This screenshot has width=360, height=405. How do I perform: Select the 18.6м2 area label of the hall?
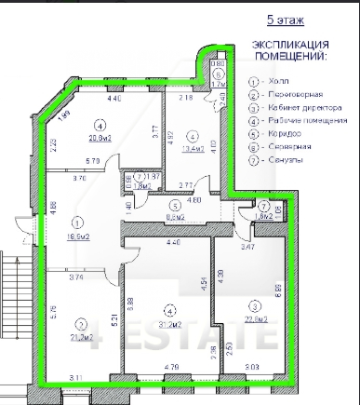(78, 237)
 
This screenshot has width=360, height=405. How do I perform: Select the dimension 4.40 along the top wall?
(115, 98)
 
